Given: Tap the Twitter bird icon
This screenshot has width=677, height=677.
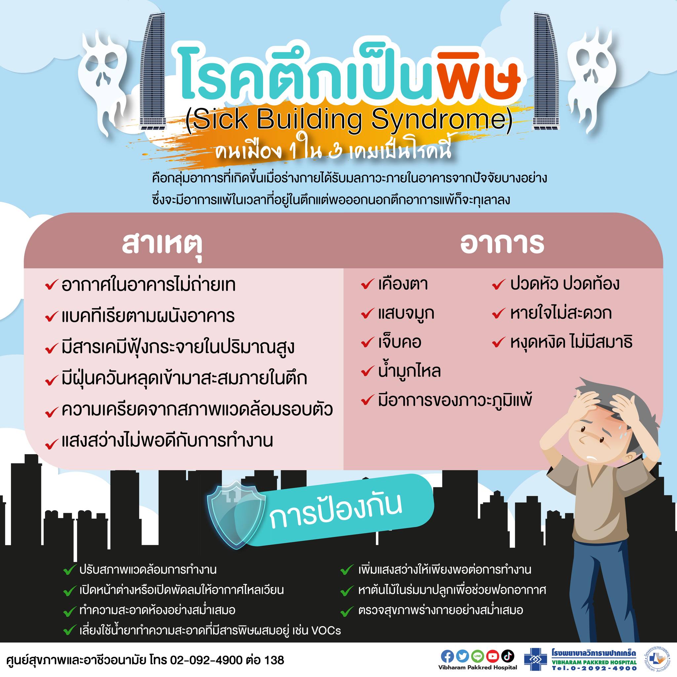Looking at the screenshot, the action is coord(462,656).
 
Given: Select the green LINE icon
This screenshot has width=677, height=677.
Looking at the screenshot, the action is coord(477,656).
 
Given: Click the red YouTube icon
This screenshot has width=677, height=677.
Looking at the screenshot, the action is coord(492,656).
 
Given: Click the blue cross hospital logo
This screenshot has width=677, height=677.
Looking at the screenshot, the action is coord(536,659).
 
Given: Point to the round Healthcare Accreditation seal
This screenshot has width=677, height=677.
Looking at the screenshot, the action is coord(659,659).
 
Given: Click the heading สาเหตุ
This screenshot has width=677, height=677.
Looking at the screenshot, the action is coord(162,244).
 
